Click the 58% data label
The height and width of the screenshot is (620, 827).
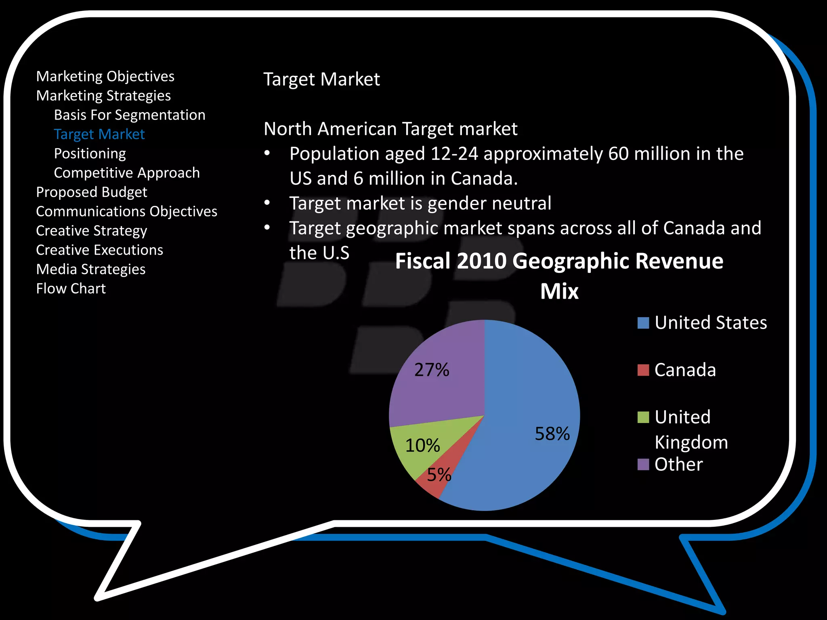[x=552, y=434]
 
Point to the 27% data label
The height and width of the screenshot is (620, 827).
[x=432, y=370]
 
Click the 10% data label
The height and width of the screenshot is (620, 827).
[x=422, y=446]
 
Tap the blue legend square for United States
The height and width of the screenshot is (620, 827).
[x=643, y=323]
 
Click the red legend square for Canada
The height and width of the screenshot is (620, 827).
[x=643, y=370]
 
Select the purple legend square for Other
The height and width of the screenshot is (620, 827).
[x=643, y=465]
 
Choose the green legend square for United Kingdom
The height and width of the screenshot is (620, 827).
[x=643, y=417]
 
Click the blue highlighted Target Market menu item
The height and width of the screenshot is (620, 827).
[x=99, y=134]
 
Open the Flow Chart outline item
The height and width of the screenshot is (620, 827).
[x=71, y=289]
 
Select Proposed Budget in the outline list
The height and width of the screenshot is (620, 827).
[x=92, y=192]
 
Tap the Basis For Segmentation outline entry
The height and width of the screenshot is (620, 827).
[x=130, y=115]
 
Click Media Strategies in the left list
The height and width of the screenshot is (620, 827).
[x=91, y=269]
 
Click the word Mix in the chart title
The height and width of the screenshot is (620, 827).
[x=559, y=291]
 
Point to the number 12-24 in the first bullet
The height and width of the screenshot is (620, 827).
[x=454, y=154]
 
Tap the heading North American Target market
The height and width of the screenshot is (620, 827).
[x=390, y=129]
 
